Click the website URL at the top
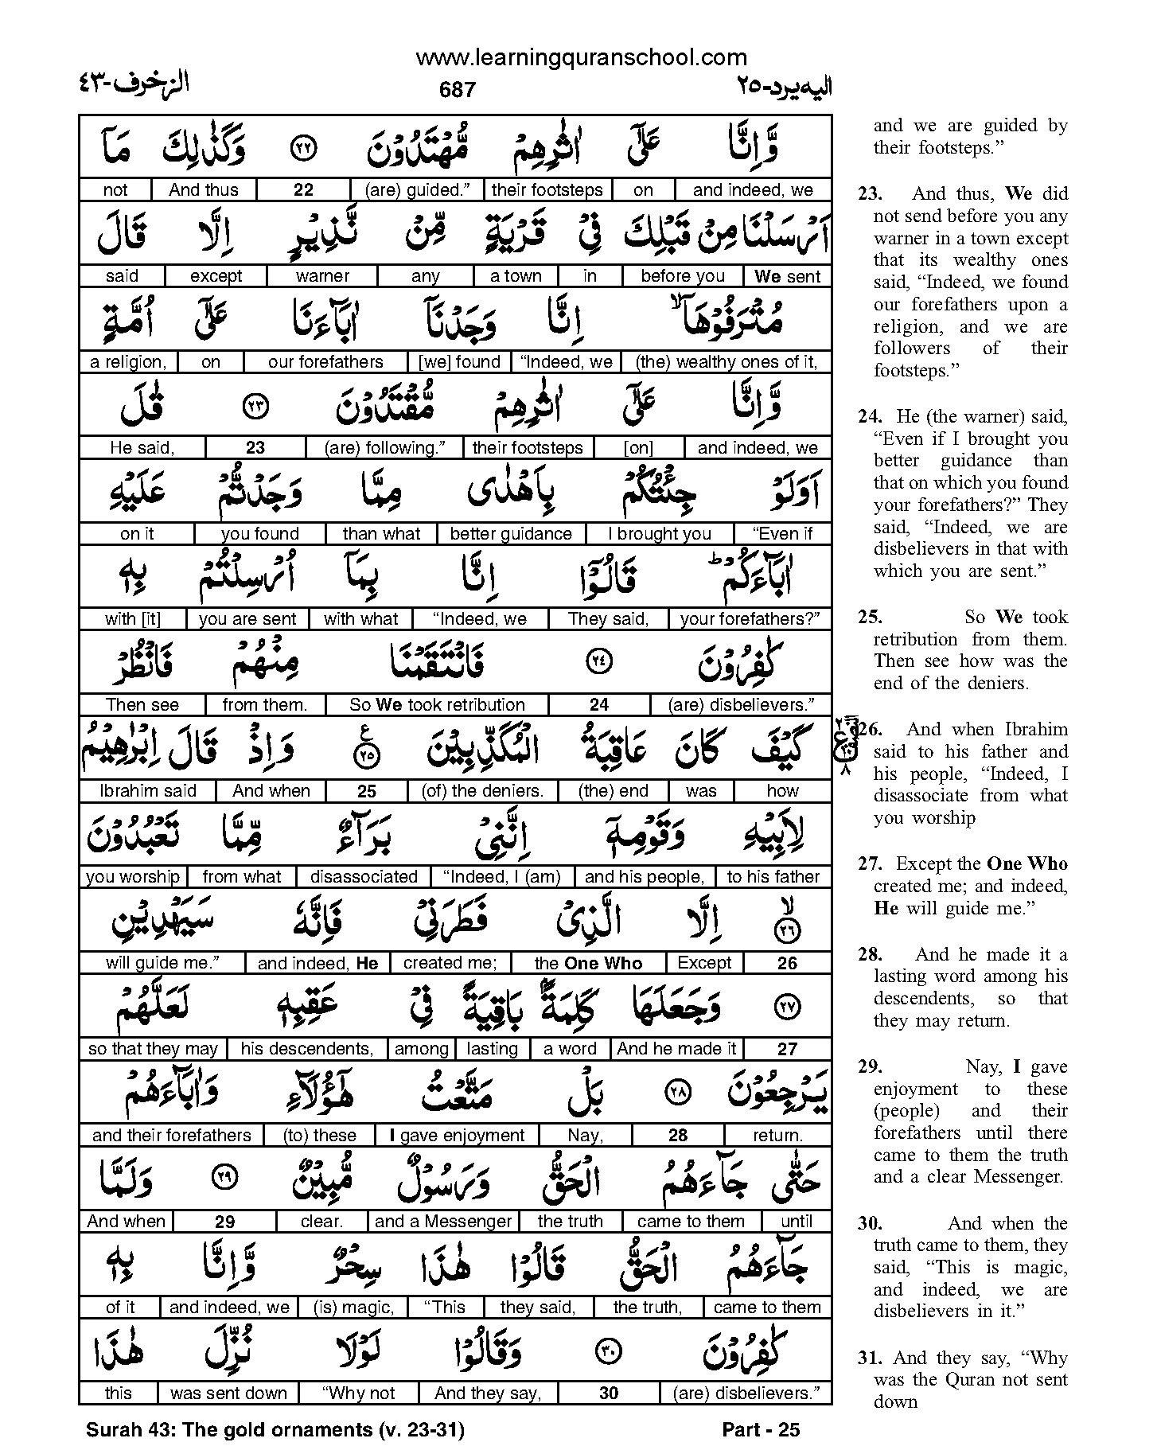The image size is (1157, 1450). coord(581,58)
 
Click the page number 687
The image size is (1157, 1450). coord(457,90)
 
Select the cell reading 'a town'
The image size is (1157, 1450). coord(516,276)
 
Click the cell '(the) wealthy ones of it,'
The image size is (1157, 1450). coord(726,362)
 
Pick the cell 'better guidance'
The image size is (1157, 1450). coord(511,534)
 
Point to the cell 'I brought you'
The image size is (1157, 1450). coord(659,534)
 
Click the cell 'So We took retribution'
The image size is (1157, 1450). coord(437,705)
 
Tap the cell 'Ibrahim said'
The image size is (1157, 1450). coord(149,791)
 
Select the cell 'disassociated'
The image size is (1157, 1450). coord(364,877)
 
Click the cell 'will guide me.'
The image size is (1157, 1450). coord(162,963)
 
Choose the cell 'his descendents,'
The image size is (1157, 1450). coord(306,1049)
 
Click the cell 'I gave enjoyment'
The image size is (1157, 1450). coord(457,1136)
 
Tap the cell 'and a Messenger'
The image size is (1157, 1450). coord(443,1222)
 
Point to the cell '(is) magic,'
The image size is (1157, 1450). coord(353,1308)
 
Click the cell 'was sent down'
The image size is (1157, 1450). coord(228,1393)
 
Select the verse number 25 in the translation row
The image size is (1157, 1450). coord(367,792)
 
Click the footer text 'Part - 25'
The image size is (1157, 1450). coord(760,1430)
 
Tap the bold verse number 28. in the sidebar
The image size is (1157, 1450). coord(871,954)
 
